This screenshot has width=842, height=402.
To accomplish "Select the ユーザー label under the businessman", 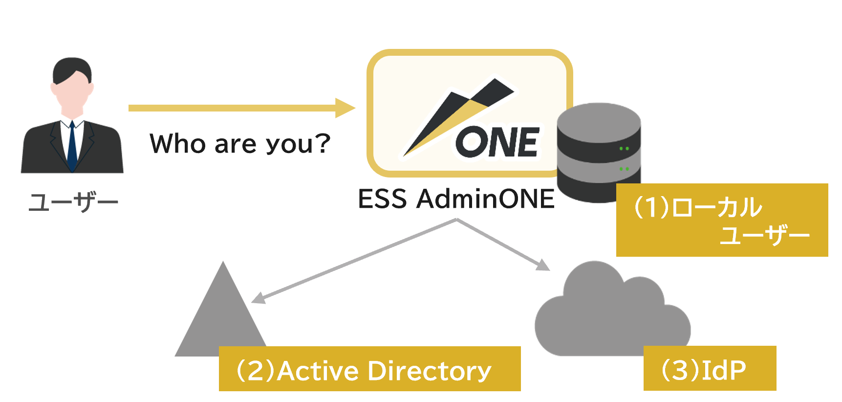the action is (73, 202).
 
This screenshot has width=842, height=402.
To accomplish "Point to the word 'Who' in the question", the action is (178, 143).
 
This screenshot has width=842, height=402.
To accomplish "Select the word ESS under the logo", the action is (383, 199).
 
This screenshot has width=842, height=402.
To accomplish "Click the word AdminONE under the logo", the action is (485, 199).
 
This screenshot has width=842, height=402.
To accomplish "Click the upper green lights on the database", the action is (624, 148).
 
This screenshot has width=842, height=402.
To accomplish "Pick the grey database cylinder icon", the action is (599, 152).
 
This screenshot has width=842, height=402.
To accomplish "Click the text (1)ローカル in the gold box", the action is (697, 207).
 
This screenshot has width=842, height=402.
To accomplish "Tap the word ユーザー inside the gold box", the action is (765, 236).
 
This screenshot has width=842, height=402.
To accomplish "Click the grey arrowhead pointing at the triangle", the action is (258, 297).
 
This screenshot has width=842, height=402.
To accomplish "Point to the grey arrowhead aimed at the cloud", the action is (543, 265).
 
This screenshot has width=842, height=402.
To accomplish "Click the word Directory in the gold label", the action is (430, 371).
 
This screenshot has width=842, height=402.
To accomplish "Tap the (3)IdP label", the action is (704, 370).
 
